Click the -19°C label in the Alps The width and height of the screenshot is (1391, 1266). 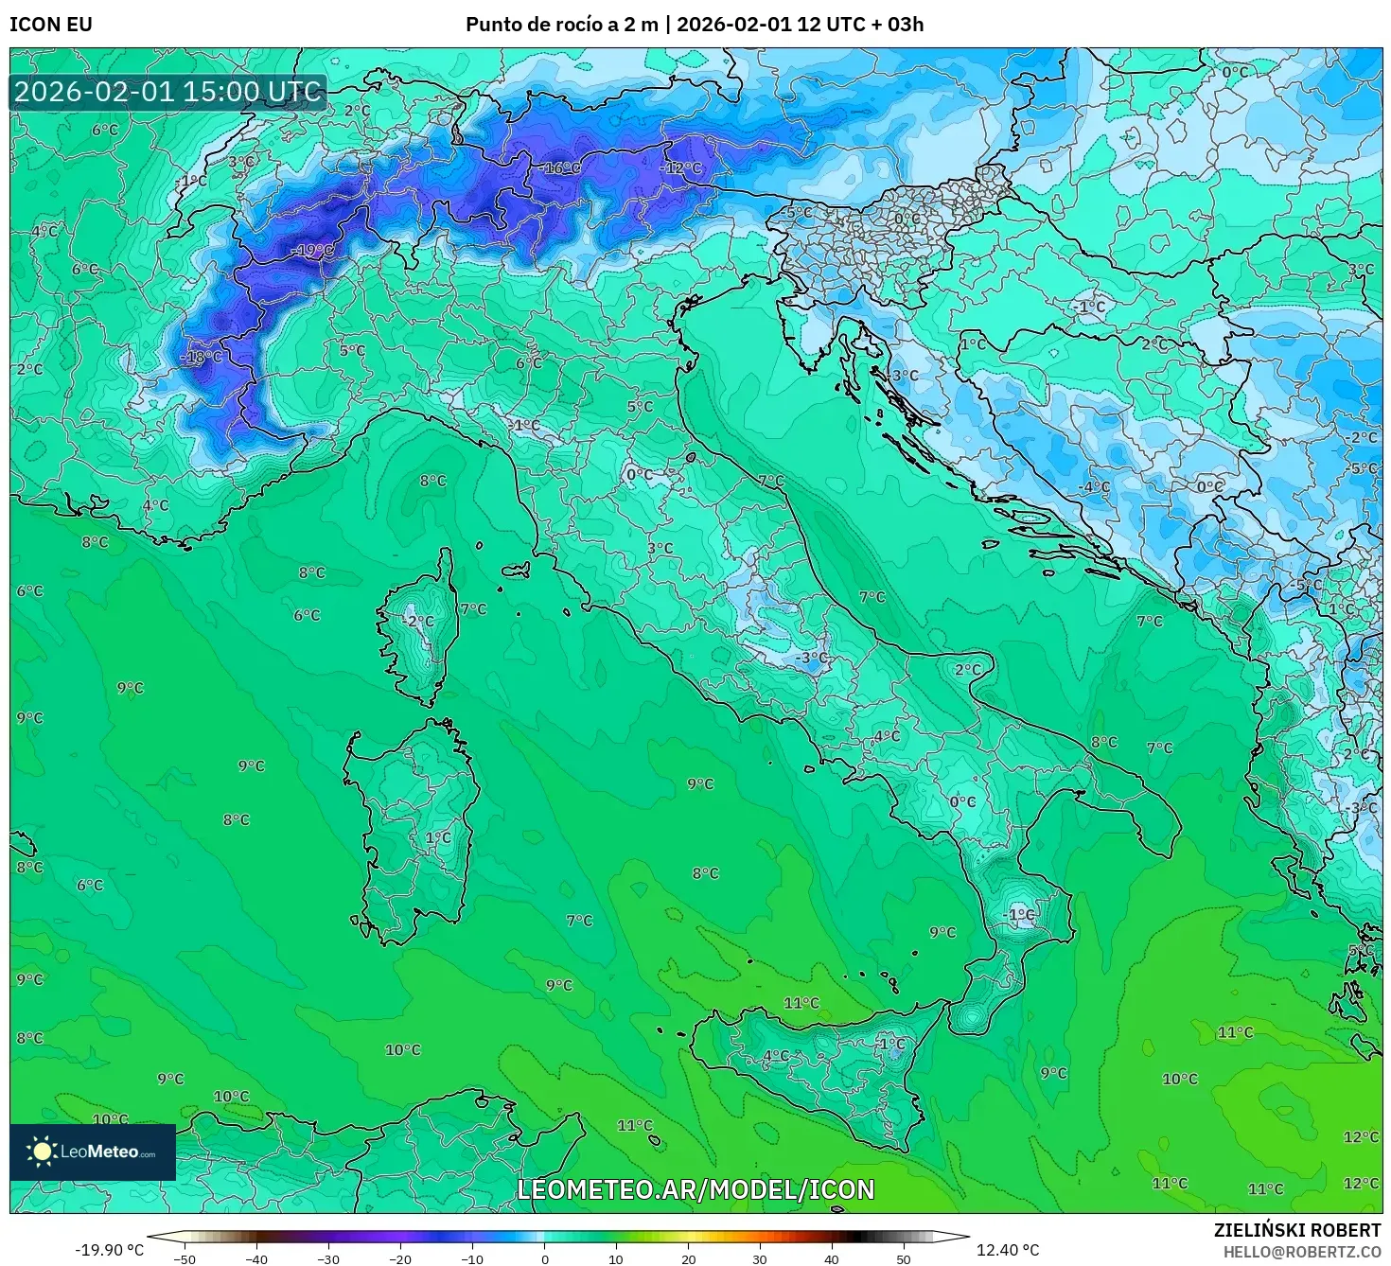click(313, 251)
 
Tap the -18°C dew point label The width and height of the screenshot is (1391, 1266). click(202, 358)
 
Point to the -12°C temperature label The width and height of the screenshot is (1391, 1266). click(681, 168)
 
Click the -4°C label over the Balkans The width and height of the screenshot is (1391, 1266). click(1094, 487)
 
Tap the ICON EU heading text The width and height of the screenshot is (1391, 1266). click(51, 25)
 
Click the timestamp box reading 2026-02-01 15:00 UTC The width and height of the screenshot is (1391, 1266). click(168, 93)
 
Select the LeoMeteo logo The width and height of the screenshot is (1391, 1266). click(93, 1152)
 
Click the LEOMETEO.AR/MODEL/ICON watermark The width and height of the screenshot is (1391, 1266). click(695, 1189)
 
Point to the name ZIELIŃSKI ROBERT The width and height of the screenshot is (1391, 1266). click(1296, 1230)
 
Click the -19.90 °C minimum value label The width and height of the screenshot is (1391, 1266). click(109, 1250)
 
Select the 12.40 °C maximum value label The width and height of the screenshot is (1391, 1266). click(1008, 1250)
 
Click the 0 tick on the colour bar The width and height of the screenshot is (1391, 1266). click(544, 1259)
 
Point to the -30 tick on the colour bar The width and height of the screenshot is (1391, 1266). click(327, 1259)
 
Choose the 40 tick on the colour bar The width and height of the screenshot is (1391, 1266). click(832, 1259)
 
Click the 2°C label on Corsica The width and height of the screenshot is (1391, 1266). click(420, 622)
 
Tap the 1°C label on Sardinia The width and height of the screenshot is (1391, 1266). click(438, 838)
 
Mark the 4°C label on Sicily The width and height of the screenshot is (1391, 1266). click(776, 1056)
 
